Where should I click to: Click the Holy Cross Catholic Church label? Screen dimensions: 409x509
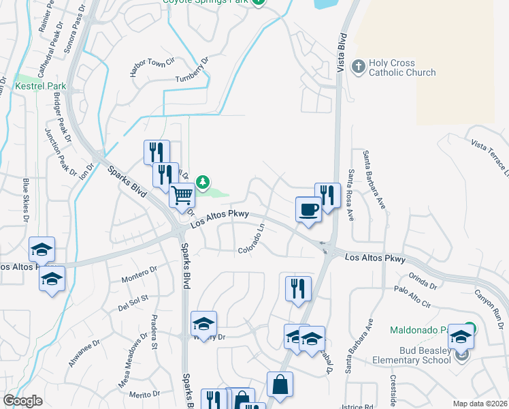click(x=401, y=67)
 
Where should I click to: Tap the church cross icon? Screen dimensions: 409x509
click(x=358, y=67)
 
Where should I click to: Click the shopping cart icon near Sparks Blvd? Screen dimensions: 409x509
click(x=182, y=196)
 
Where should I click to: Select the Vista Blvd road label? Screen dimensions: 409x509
click(x=343, y=48)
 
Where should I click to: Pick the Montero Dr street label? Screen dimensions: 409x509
click(x=139, y=275)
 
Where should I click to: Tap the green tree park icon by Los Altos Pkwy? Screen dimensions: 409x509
click(x=202, y=182)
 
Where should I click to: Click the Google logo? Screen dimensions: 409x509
click(x=22, y=401)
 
